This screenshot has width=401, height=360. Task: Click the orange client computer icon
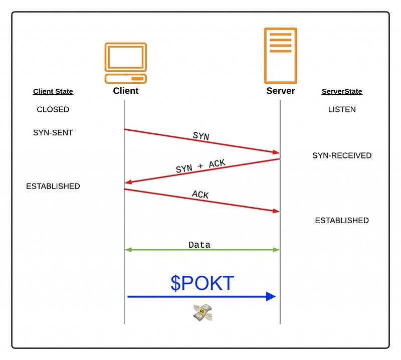click(x=125, y=63)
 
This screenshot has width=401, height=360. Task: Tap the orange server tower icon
click(x=280, y=55)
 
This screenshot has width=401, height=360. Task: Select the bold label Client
click(x=126, y=91)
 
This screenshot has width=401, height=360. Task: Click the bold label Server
click(x=280, y=91)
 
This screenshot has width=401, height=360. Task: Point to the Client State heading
click(x=53, y=92)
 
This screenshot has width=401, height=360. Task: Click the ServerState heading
click(x=341, y=92)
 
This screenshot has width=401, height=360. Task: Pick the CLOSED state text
click(x=53, y=109)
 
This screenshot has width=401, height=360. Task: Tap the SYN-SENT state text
click(x=53, y=132)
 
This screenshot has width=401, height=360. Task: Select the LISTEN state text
click(x=342, y=109)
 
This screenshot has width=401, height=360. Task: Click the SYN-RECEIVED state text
click(x=342, y=155)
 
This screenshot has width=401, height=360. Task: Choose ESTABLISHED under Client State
click(x=53, y=186)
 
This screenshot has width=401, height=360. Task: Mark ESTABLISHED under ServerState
click(x=342, y=220)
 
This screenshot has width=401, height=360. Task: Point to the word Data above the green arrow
click(x=199, y=245)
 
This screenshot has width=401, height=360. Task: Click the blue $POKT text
click(x=202, y=283)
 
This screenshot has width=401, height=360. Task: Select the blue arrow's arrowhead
click(x=271, y=296)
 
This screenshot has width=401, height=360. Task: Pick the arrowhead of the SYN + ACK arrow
click(x=128, y=182)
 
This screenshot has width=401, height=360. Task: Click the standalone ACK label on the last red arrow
click(x=200, y=195)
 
